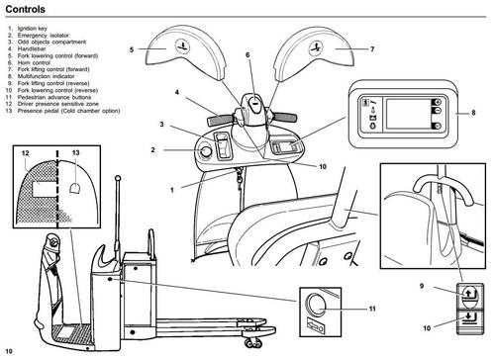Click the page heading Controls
(x=25, y=9)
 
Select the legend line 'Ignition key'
(x=33, y=29)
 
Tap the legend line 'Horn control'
(x=34, y=62)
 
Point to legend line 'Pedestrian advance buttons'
(x=54, y=97)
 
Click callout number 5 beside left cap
(x=132, y=49)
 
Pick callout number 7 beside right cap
(x=372, y=49)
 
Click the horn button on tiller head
(x=254, y=103)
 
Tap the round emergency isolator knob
(x=206, y=151)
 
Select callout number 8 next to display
(x=473, y=113)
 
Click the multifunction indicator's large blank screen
(x=408, y=114)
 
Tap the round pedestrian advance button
(x=316, y=304)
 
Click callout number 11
(x=372, y=309)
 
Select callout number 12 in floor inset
(x=26, y=153)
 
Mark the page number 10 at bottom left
(x=9, y=351)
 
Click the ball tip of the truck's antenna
(x=118, y=178)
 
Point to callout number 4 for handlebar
(x=177, y=92)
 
